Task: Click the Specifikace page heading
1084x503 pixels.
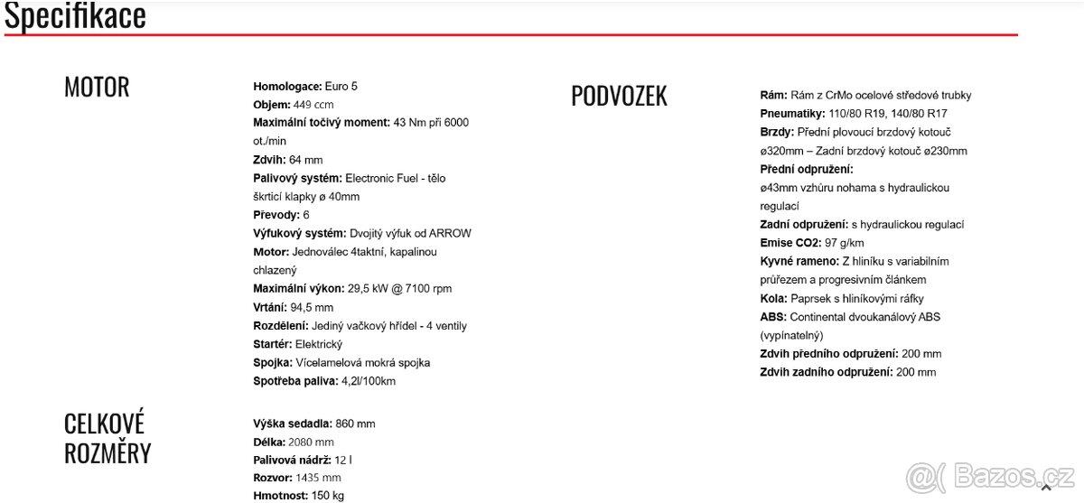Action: coord(75,15)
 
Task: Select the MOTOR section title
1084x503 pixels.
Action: coord(97,88)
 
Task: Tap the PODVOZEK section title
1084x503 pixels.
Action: coord(619,96)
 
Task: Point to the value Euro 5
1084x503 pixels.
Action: coord(341,87)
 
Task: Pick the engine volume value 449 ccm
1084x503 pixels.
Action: coord(313,105)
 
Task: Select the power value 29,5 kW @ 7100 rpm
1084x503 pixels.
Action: coord(399,289)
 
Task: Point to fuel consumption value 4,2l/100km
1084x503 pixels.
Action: coord(369,381)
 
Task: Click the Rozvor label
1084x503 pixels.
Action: coord(273,478)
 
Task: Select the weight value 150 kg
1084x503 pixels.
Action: coord(327,496)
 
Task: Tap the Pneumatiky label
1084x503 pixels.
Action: coord(793,114)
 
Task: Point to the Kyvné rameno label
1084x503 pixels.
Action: coord(799,261)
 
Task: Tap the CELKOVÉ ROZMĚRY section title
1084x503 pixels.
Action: coord(107,438)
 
